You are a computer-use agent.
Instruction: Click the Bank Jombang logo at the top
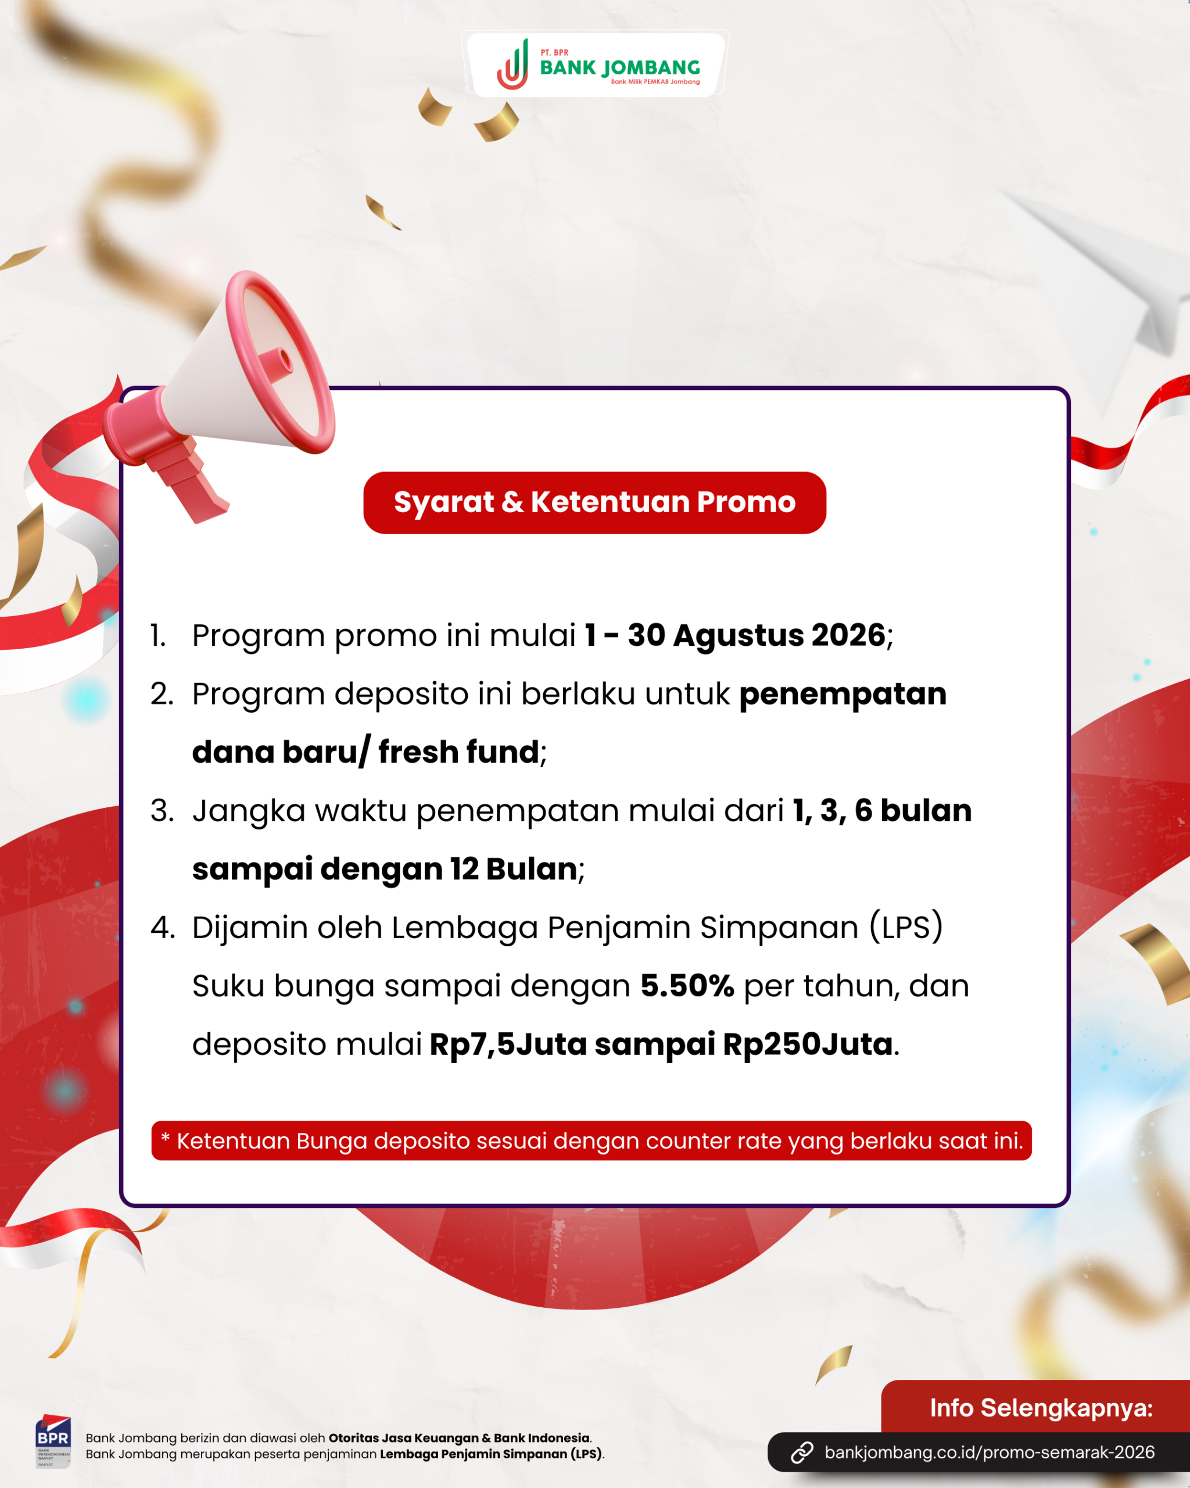pyautogui.click(x=597, y=64)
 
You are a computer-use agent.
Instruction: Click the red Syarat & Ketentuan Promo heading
pyautogui.click(x=594, y=502)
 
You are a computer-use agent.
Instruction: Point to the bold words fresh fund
pyautogui.click(x=459, y=752)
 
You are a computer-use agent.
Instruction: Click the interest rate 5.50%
pyautogui.click(x=687, y=986)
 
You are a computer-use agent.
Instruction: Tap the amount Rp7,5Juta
pyautogui.click(x=508, y=1045)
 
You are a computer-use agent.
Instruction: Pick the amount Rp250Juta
pyautogui.click(x=808, y=1045)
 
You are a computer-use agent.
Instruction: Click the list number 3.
pyautogui.click(x=162, y=811)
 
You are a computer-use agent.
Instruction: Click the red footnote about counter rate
pyautogui.click(x=591, y=1141)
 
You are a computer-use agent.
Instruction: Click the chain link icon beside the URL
pyautogui.click(x=802, y=1452)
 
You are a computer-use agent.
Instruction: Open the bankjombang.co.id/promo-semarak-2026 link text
pyautogui.click(x=990, y=1452)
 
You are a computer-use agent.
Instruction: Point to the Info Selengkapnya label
pyautogui.click(x=1041, y=1408)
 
